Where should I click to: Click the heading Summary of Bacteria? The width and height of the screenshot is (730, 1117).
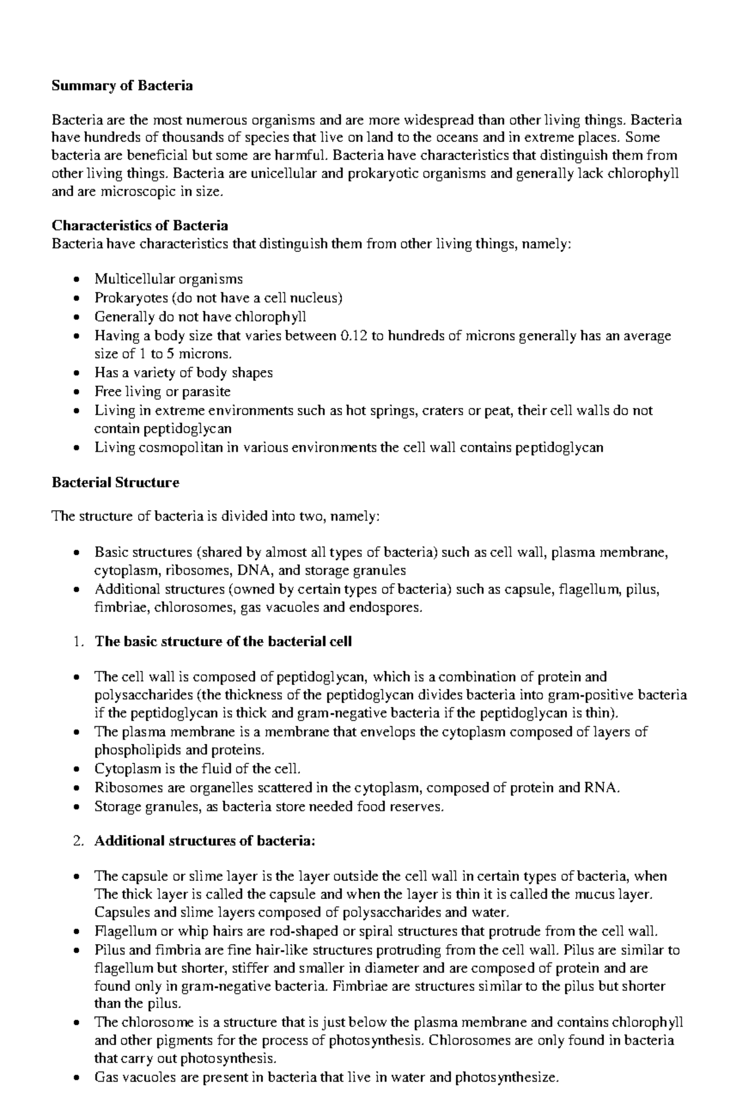[x=122, y=86]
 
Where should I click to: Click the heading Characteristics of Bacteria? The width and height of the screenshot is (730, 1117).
[x=140, y=226]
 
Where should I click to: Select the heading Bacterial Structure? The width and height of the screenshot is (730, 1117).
[x=116, y=483]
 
